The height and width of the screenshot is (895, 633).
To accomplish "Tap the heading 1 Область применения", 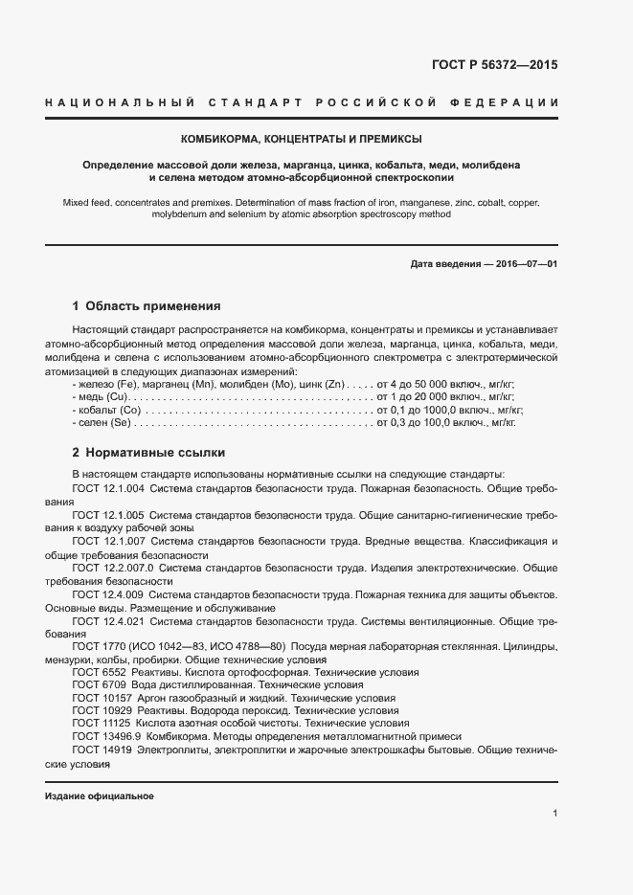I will (x=147, y=307).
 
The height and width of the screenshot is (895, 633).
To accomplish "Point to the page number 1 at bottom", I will (x=555, y=814).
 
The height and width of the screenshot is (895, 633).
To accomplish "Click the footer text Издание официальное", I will (x=100, y=796).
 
